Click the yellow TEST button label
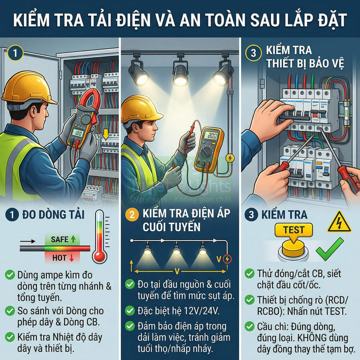(x=294, y=230)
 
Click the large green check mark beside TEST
(x=329, y=248)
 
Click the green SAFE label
(x=63, y=240)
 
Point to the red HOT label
(x=63, y=258)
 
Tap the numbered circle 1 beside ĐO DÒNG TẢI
(x=12, y=215)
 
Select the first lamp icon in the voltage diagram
(x=148, y=250)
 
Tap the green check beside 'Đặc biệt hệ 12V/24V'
(x=130, y=310)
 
